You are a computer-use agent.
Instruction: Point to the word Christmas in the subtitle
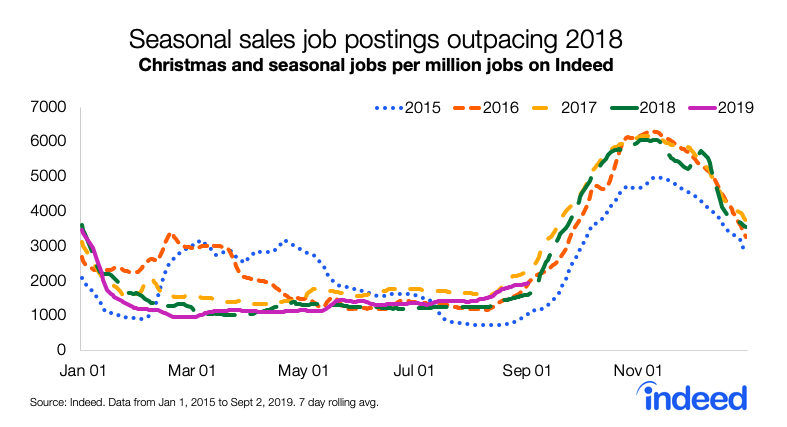(179, 66)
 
